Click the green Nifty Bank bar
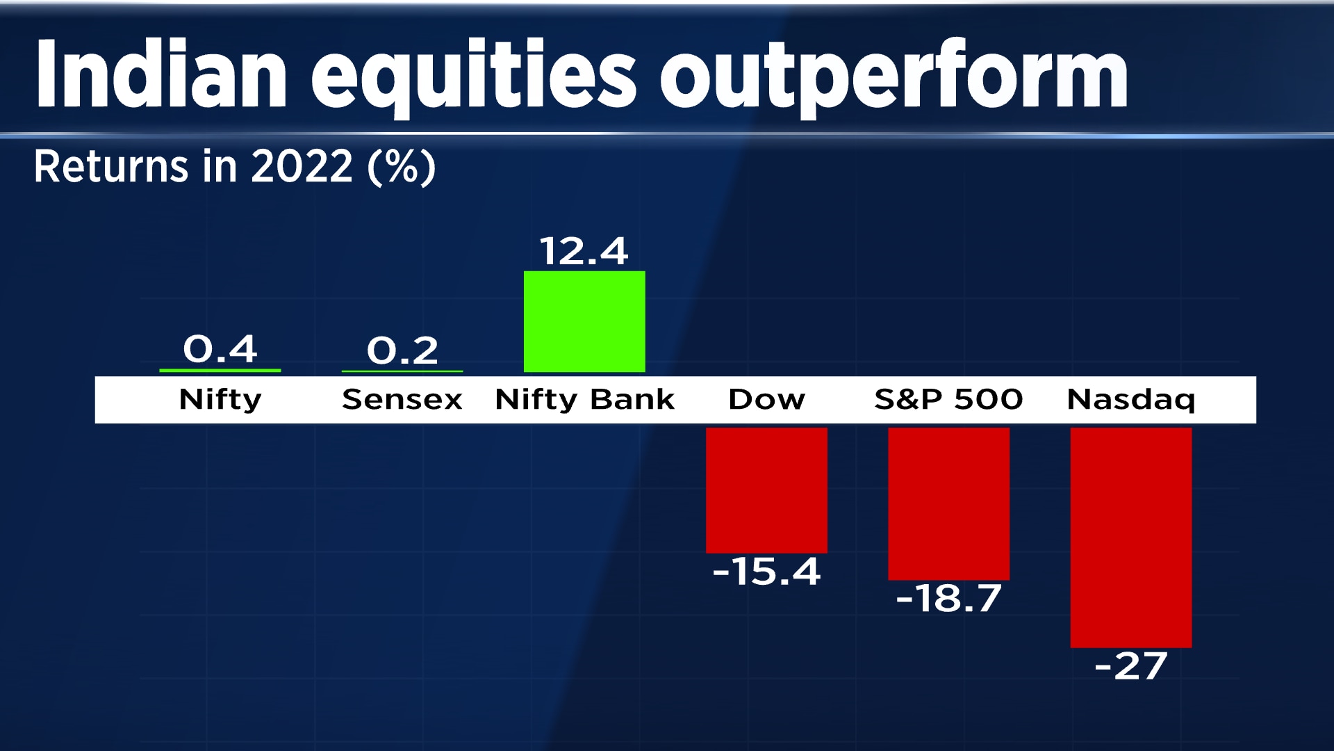[x=584, y=321]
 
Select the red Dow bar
[x=766, y=490]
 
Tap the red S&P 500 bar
[x=948, y=503]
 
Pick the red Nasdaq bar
[x=1130, y=537]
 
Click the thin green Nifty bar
[x=220, y=371]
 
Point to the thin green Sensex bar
[x=402, y=371]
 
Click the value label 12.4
[x=584, y=251]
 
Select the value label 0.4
[x=220, y=348]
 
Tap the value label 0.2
[x=402, y=350]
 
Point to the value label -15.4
[x=766, y=572]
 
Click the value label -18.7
[x=948, y=598]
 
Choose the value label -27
[x=1130, y=666]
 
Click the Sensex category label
[x=402, y=400]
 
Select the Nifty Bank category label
[x=584, y=400]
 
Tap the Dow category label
[x=766, y=400]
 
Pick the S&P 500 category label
[x=948, y=400]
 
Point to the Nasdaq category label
[x=1130, y=400]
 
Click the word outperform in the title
[x=894, y=75]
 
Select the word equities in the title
[x=472, y=75]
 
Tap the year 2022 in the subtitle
[x=302, y=166]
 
